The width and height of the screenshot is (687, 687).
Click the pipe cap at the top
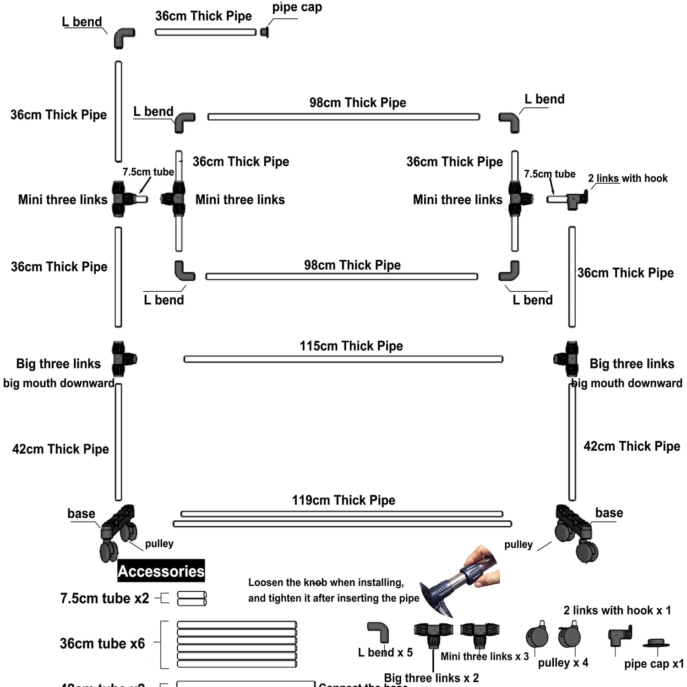(264, 32)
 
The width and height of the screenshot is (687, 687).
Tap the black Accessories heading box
(161, 571)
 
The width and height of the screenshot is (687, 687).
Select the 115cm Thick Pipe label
(351, 346)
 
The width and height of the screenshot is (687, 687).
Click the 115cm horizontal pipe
(343, 360)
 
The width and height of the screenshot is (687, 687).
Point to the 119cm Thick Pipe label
(343, 500)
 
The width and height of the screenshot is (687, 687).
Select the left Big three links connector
(122, 359)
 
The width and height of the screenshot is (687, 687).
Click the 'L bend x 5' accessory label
(385, 652)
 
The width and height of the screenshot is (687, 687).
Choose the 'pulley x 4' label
(563, 663)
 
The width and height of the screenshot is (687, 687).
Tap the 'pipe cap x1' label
(654, 664)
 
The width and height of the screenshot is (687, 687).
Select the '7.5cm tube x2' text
(104, 599)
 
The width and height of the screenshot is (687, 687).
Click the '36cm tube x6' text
(102, 643)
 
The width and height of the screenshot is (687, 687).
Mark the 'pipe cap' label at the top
(297, 7)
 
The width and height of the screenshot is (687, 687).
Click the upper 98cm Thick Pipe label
(358, 103)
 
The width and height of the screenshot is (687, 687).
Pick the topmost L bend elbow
(123, 38)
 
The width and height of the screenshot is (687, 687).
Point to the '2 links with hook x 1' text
(617, 611)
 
